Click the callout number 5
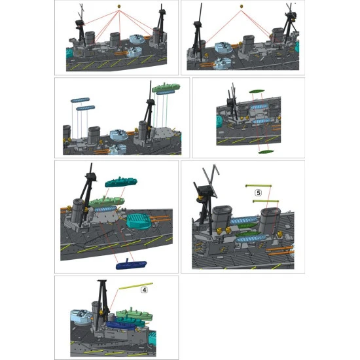pos(259,193)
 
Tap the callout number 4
pos(144,290)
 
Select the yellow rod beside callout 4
pos(135,285)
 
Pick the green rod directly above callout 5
pos(259,186)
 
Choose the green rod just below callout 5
pos(266,202)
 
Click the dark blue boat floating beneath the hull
pos(132,264)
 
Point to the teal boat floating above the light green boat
pos(121,181)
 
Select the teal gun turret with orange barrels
pos(139,221)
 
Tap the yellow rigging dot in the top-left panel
pos(119,6)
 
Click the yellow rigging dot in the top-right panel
pos(242,6)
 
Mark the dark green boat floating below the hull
pos(266,152)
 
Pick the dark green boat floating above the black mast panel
pos(257,91)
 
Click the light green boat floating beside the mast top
pos(166,87)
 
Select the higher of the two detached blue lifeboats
pos(80,100)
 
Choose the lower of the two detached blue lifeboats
pos(85,108)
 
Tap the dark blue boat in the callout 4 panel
pos(122,325)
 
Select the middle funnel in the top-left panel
pos(115,39)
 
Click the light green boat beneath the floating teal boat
pos(107,201)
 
